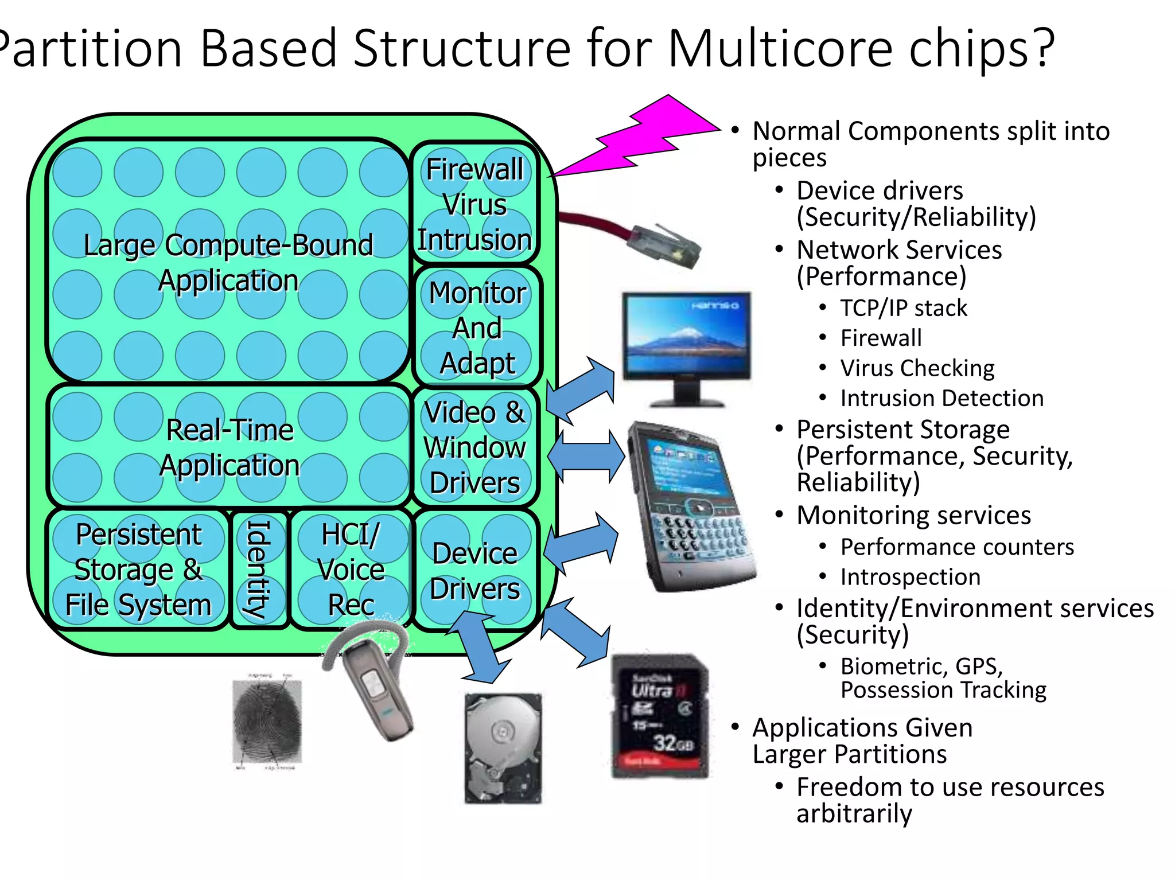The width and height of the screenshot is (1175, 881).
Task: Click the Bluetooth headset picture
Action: pyautogui.click(x=373, y=683)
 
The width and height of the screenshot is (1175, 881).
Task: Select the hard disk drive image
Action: pyautogui.click(x=503, y=749)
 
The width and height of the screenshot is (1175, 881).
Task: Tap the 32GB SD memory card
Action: pyautogui.click(x=660, y=717)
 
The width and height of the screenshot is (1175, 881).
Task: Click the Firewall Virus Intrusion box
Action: pyautogui.click(x=474, y=204)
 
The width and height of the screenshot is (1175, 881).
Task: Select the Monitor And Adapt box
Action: pyautogui.click(x=477, y=327)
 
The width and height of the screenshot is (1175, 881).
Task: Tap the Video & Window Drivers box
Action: pyautogui.click(x=475, y=447)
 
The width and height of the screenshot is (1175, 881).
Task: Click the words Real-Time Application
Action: pyautogui.click(x=229, y=447)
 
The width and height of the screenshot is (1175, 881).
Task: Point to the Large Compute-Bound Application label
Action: pyautogui.click(x=228, y=263)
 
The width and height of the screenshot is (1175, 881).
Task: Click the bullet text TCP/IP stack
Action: pyautogui.click(x=904, y=309)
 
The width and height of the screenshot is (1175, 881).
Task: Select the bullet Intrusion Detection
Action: pyautogui.click(x=941, y=398)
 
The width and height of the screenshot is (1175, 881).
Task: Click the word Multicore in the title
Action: pyautogui.click(x=780, y=49)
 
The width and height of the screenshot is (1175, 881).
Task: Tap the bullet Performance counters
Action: pyautogui.click(x=957, y=547)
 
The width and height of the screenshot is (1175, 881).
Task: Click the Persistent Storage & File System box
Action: pyautogui.click(x=138, y=569)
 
